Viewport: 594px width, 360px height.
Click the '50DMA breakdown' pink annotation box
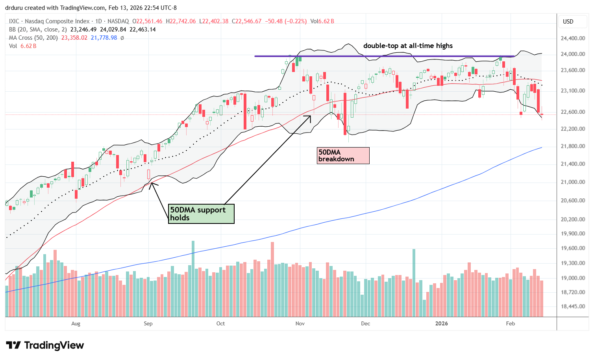343,155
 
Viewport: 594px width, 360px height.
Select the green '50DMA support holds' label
201,214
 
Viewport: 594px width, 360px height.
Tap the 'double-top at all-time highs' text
408,46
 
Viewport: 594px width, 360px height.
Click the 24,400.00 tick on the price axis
573,38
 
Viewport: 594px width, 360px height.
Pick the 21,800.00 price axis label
573,146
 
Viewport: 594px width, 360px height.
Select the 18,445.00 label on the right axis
573,306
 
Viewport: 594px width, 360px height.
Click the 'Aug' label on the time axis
76,323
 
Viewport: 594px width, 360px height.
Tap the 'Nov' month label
300,323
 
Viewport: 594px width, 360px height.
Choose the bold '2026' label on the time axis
441,323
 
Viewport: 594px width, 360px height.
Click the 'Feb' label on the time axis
510,323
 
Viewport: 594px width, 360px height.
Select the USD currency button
568,22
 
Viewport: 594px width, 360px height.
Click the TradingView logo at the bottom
45,345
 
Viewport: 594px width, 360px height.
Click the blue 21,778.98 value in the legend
104,38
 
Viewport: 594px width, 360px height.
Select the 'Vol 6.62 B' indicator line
23,46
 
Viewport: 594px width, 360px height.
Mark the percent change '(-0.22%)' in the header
295,21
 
